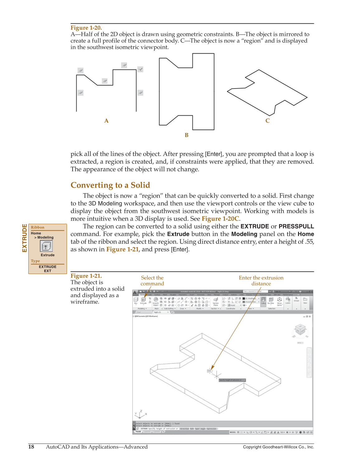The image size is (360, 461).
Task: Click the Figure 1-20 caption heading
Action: pos(86,28)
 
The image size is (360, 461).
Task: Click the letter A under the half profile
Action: pos(107,121)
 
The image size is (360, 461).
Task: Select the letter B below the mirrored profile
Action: pos(187,135)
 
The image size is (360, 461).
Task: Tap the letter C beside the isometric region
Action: pos(268,121)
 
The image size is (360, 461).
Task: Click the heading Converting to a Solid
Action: pos(110,185)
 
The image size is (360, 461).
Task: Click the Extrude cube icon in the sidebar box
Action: pos(46,246)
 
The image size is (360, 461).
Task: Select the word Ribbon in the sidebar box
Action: pos(38,228)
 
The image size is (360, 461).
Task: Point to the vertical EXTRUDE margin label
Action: pos(25,238)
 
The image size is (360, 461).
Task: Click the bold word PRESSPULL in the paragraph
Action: pos(296,227)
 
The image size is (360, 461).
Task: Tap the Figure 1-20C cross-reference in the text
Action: pos(220,219)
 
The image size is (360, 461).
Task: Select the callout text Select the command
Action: pos(152,281)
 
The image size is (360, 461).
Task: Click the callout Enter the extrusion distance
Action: pos(261,281)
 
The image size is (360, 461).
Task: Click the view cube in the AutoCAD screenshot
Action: pos(300,330)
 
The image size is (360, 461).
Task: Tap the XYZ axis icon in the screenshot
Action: pos(140,414)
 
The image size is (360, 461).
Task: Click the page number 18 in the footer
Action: pos(31,447)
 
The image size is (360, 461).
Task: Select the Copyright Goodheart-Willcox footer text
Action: pos(278,447)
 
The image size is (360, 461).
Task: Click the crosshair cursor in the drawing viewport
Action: pos(217,375)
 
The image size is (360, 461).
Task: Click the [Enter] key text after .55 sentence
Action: pos(180,250)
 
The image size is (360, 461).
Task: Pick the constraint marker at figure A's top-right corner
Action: pos(140,70)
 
